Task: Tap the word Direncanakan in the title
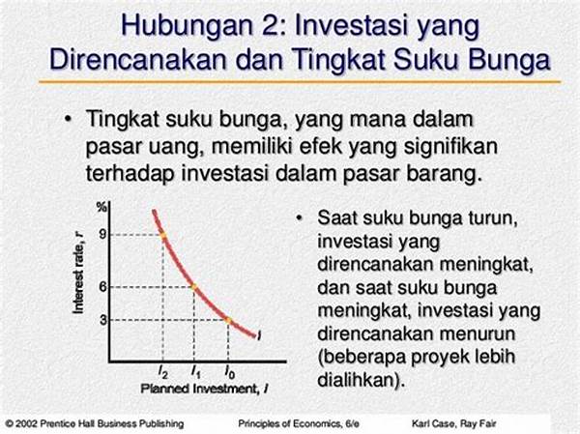tap(137, 59)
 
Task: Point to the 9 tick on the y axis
tap(102, 234)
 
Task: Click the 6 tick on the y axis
tap(102, 286)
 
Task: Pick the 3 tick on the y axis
tap(103, 319)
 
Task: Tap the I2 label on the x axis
tap(162, 371)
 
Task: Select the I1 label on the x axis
tap(195, 371)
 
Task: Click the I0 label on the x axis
tap(229, 371)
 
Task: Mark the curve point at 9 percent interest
tap(162, 235)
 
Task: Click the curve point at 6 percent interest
tap(194, 287)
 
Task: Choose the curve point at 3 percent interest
tap(228, 320)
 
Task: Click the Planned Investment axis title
tap(205, 389)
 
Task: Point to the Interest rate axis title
tap(78, 273)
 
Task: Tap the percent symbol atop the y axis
tap(101, 208)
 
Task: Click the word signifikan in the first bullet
tap(450, 148)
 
